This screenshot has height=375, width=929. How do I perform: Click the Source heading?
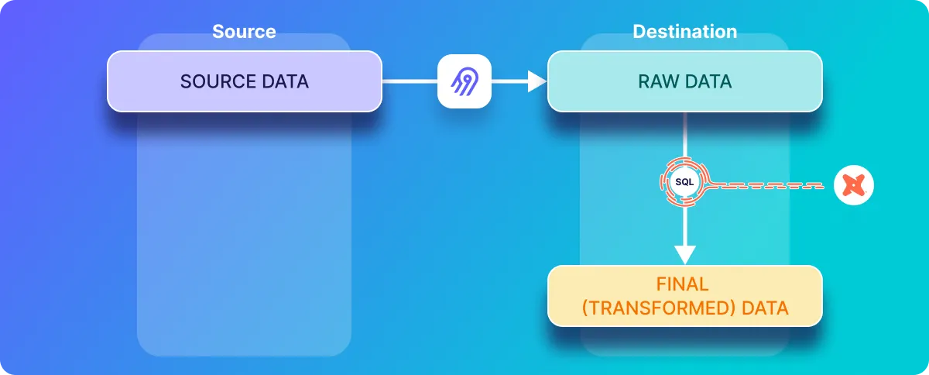pyautogui.click(x=244, y=32)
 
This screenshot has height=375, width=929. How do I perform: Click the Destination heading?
pyautogui.click(x=684, y=32)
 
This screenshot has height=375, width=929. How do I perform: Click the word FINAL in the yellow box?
pyautogui.click(x=684, y=285)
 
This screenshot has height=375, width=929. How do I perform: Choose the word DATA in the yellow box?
pyautogui.click(x=765, y=308)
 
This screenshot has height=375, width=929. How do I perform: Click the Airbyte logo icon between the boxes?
pyautogui.click(x=464, y=81)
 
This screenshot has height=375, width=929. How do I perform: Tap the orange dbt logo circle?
pyautogui.click(x=854, y=186)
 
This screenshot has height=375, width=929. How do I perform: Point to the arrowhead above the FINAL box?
pyautogui.click(x=685, y=255)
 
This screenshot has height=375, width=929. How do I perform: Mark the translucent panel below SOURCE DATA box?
pyautogui.click(x=244, y=232)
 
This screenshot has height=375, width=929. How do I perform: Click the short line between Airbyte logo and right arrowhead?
pyautogui.click(x=509, y=81)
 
